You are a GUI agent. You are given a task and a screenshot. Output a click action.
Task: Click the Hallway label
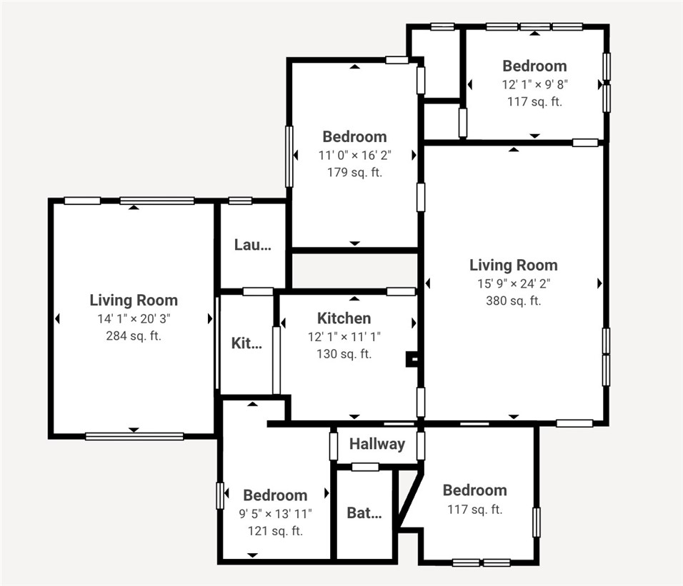coord(377,444)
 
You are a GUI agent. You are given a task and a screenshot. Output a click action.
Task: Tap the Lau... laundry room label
coord(253,245)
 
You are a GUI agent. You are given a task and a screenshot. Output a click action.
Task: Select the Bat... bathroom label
coord(364,512)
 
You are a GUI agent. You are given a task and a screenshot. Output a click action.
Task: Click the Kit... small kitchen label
coord(246,343)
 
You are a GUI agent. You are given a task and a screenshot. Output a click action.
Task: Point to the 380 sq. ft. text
coord(513,300)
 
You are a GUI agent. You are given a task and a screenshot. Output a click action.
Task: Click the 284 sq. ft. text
coord(133,335)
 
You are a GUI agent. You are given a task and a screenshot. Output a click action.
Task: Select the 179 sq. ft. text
coord(354,172)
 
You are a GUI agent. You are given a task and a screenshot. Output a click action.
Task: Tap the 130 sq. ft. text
coord(344,353)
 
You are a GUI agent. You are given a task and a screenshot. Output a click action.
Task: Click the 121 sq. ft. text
coord(275,530)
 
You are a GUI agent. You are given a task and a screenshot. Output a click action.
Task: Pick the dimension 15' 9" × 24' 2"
coord(513,283)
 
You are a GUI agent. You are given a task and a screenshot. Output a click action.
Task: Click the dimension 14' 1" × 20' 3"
coord(133,318)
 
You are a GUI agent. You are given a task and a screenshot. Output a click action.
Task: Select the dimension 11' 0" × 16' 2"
coord(354,155)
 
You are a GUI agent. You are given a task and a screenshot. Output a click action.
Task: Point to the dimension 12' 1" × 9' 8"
coord(534,84)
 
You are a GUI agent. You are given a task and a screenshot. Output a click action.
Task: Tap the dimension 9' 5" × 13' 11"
coord(275,513)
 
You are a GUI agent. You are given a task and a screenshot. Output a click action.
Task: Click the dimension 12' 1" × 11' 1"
coord(344,336)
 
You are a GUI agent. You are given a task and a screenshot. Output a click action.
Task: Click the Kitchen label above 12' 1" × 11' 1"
coord(344,318)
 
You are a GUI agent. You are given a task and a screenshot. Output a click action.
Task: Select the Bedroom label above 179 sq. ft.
coord(354,136)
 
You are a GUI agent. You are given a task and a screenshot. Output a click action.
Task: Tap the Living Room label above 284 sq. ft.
coord(133,300)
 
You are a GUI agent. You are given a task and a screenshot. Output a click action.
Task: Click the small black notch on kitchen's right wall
coord(412,359)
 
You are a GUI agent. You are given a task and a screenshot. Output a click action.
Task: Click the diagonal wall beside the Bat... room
coord(407,500)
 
